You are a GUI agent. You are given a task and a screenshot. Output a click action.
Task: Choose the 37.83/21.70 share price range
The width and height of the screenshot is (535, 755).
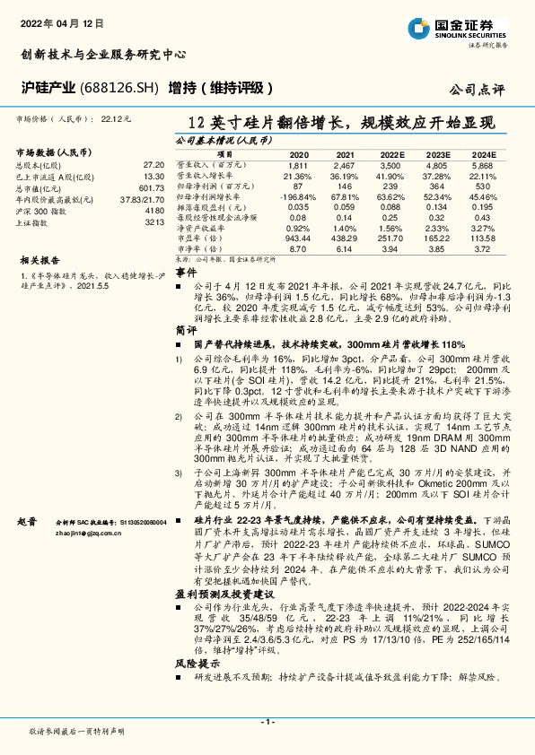click(143, 200)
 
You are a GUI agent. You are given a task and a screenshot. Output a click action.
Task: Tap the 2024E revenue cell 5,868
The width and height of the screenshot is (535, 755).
click(482, 166)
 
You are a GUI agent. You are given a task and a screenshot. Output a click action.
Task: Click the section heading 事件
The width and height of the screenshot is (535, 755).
click(184, 270)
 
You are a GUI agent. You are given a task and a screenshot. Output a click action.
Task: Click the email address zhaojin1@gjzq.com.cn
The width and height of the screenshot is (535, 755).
click(89, 533)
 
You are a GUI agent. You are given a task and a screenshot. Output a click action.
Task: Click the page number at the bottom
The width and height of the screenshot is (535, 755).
click(267, 722)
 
